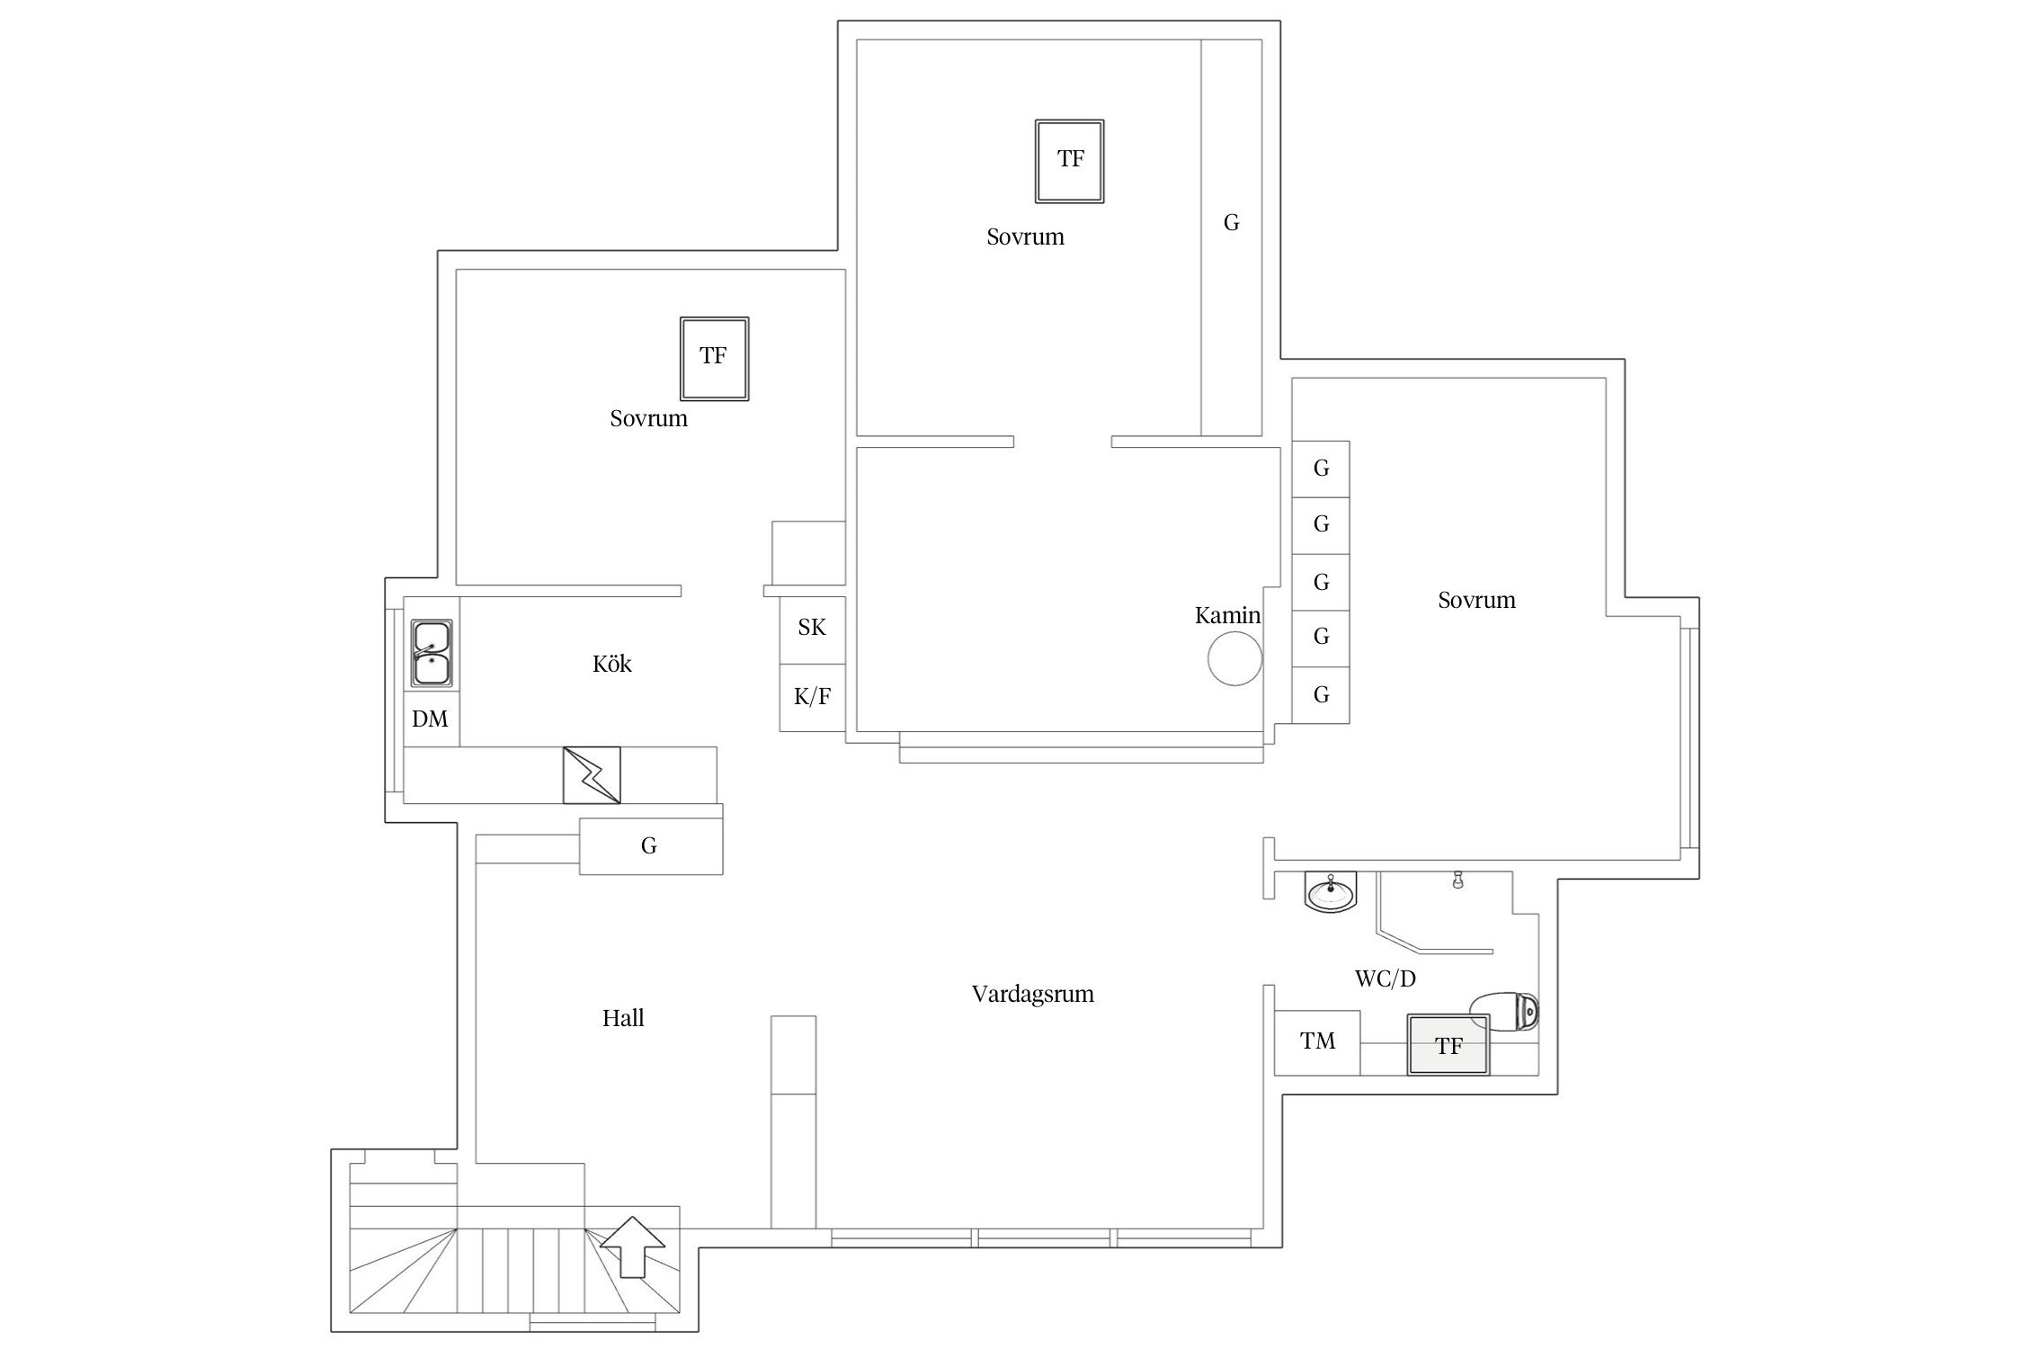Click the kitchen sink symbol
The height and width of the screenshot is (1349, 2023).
point(432,654)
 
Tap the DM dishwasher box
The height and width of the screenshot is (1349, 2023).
point(431,719)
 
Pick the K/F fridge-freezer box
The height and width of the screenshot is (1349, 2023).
point(813,698)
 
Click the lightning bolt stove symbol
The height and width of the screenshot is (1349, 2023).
point(592,774)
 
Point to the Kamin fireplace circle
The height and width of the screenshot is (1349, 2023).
point(1234,658)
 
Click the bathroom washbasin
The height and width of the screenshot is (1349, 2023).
point(1330,893)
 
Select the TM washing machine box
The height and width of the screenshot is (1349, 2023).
point(1317,1042)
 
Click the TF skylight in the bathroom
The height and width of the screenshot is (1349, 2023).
point(1448,1045)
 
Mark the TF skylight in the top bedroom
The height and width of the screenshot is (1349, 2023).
point(1070,161)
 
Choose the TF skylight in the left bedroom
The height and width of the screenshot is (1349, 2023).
point(715,358)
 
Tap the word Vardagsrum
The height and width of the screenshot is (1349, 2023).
point(1033,995)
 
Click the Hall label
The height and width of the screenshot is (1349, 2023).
point(623,1018)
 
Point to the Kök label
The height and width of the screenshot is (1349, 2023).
point(612,664)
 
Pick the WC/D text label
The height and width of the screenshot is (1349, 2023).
point(1386,978)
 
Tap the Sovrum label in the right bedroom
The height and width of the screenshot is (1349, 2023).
point(1476,601)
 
